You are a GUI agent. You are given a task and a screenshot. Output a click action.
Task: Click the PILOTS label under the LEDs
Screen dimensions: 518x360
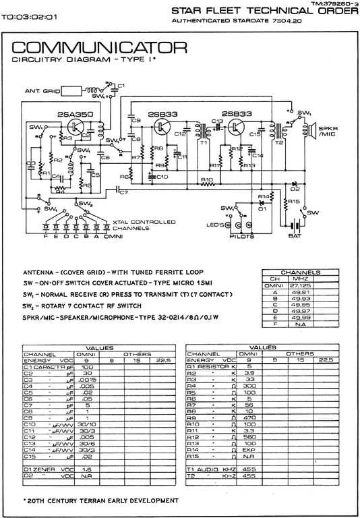(242, 237)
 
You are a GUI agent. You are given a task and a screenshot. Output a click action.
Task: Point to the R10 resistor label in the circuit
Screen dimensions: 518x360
(208, 179)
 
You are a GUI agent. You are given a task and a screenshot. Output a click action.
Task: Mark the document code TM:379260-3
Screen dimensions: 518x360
(333, 4)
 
